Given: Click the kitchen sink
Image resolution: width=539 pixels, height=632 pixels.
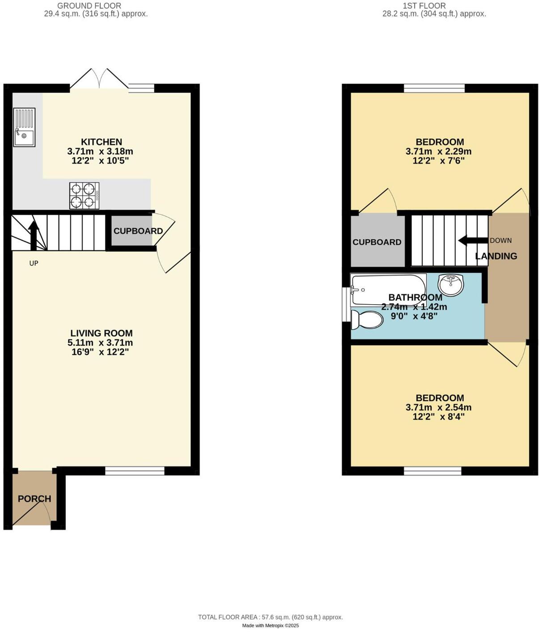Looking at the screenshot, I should tap(24, 128).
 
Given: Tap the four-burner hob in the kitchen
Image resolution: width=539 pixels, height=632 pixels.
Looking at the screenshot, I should tap(84, 196).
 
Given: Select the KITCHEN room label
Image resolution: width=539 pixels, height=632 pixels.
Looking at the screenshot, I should tap(102, 142).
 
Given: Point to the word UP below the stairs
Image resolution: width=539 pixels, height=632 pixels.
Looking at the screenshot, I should tap(34, 263).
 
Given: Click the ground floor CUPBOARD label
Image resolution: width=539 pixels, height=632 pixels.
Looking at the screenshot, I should tap(138, 231).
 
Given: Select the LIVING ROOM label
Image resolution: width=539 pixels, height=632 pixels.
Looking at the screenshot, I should tap(102, 333).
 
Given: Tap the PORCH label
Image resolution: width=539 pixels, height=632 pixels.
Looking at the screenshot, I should tap(34, 498).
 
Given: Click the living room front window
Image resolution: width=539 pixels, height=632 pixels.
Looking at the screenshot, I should tap(135, 470).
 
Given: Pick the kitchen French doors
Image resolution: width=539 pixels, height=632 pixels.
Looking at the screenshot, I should tap(99, 80).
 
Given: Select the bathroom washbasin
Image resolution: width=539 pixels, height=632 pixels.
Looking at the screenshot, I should tap(451, 285).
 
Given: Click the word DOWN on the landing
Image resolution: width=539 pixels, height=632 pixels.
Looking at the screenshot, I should tap(501, 240).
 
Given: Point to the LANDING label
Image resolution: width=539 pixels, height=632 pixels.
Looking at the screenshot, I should tap(496, 256).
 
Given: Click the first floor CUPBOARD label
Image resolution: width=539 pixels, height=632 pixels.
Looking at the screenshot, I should tap(377, 242).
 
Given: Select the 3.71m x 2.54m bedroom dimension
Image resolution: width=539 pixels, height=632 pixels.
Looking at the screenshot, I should tap(438, 407).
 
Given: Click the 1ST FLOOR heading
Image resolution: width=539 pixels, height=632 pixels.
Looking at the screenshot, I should tap(424, 6).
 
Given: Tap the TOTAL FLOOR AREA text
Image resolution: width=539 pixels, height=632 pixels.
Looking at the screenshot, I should tap(271, 617).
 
